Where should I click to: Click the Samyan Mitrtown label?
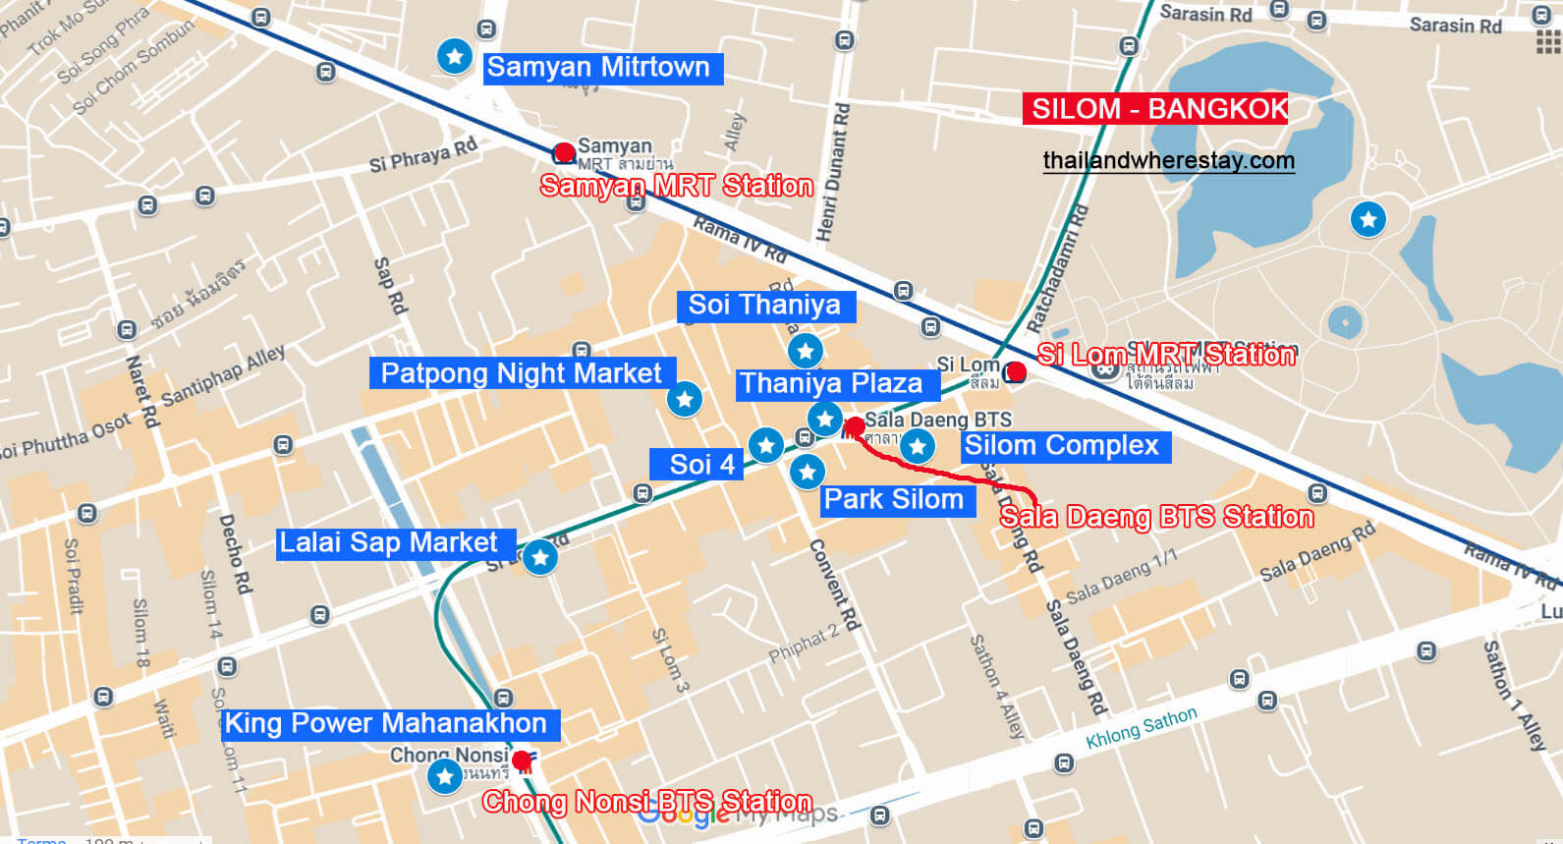pos(598,68)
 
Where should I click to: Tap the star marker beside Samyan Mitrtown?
pos(455,56)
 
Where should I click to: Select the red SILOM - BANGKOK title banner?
pos(1155,108)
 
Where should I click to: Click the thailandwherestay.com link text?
pos(1168,160)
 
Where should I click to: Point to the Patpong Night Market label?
pos(521,373)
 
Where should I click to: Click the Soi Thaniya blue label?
pos(764,306)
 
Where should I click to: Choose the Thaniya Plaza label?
pos(831,384)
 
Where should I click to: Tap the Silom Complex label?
pos(1062,446)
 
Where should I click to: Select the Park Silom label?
pos(893,500)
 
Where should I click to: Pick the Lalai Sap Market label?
pos(388,543)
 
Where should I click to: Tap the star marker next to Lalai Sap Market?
pos(539,557)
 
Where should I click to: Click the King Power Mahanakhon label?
pos(385,724)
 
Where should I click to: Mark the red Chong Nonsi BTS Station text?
pos(646,802)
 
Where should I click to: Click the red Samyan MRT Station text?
pos(676,186)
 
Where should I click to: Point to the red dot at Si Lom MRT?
pos(1016,371)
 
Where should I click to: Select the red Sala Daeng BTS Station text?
pos(1156,517)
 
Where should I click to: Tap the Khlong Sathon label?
pos(1142,729)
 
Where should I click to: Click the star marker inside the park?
pos(1368,218)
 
